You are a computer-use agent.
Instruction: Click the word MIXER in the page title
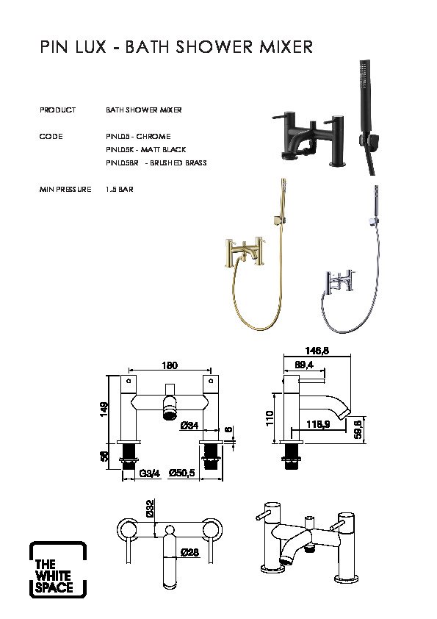pyautogui.click(x=286, y=47)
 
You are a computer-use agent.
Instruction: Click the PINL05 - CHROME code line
pyautogui.click(x=138, y=137)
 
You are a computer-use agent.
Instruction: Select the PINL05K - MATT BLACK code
pyautogui.click(x=145, y=150)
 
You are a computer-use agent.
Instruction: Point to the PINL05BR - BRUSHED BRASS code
pyautogui.click(x=156, y=162)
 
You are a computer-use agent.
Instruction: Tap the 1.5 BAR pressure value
pyautogui.click(x=119, y=190)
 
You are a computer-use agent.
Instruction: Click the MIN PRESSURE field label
pyautogui.click(x=65, y=190)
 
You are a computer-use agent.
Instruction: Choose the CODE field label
pyautogui.click(x=51, y=137)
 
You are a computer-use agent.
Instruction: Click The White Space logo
pyautogui.click(x=57, y=569)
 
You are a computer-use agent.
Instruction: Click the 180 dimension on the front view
pyautogui.click(x=170, y=365)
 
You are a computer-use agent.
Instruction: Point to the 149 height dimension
pyautogui.click(x=104, y=409)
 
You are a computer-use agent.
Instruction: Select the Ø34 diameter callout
pyautogui.click(x=189, y=426)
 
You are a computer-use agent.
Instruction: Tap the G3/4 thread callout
pyautogui.click(x=150, y=473)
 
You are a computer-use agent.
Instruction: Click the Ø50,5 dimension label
pyautogui.click(x=182, y=473)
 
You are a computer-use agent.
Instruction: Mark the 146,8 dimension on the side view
pyautogui.click(x=317, y=351)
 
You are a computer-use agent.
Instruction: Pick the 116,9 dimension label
pyautogui.click(x=318, y=424)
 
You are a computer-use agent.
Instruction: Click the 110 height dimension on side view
pyautogui.click(x=270, y=418)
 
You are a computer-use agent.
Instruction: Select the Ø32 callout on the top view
pyautogui.click(x=150, y=509)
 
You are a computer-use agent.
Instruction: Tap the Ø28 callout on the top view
pyautogui.click(x=189, y=553)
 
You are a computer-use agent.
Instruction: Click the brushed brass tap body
pyautogui.click(x=245, y=251)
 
